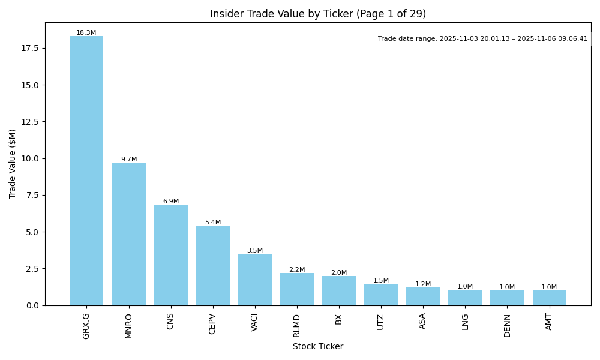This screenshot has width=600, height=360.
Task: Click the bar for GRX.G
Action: click(86, 171)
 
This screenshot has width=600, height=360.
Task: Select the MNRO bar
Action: click(128, 234)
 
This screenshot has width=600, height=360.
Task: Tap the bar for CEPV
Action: click(213, 265)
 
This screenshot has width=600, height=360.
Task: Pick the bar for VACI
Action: click(255, 280)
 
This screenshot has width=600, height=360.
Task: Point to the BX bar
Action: click(339, 290)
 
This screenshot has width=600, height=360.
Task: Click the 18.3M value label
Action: click(86, 33)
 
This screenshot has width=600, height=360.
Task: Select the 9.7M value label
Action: click(129, 160)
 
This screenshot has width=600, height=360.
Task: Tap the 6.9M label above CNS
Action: click(171, 202)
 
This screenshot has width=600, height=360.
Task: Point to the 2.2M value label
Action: click(297, 270)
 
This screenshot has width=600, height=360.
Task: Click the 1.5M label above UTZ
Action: click(381, 281)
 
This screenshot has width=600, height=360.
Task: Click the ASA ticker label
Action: click(423, 321)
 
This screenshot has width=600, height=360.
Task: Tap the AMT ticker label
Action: click(550, 322)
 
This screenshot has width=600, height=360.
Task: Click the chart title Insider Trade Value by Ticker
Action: click(318, 14)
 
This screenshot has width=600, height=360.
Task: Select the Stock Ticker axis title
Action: click(318, 346)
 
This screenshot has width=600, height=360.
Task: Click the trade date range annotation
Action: click(483, 39)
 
